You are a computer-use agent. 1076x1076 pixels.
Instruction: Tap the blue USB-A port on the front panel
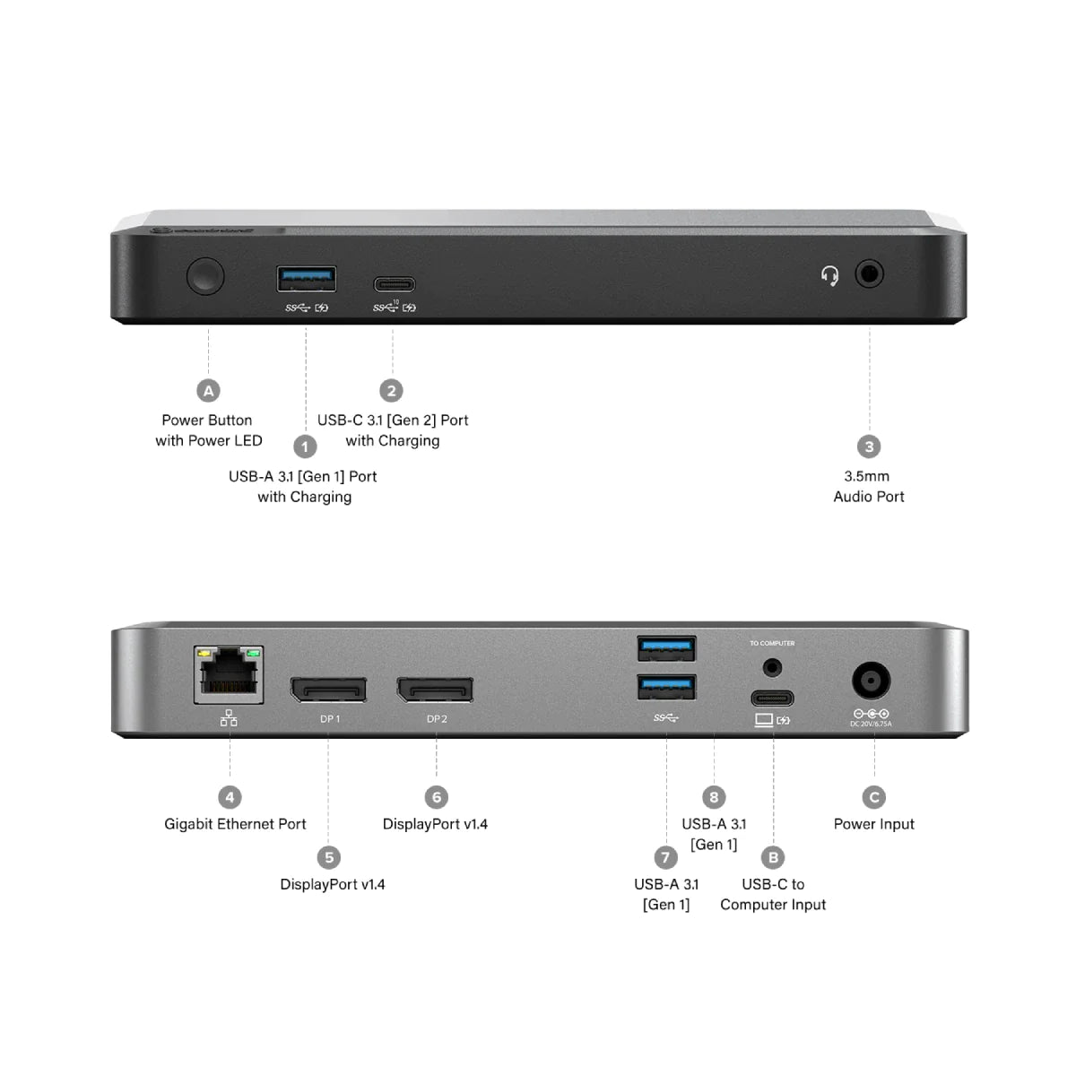click(x=307, y=279)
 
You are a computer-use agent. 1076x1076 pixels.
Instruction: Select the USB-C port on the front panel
click(x=395, y=285)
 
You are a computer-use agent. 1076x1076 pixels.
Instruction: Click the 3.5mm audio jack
click(x=869, y=273)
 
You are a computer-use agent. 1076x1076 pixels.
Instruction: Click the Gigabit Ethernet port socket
click(x=230, y=674)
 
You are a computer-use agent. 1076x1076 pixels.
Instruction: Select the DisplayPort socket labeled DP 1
click(x=328, y=690)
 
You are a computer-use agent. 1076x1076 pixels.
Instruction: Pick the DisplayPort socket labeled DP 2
click(x=436, y=690)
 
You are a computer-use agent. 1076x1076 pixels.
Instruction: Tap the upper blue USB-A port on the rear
click(x=666, y=647)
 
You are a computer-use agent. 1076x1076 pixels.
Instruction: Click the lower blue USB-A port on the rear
click(x=666, y=687)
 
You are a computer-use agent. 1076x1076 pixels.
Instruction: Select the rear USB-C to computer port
click(x=772, y=698)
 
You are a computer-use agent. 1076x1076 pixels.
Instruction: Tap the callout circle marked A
click(x=208, y=390)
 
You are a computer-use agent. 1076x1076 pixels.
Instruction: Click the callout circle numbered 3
click(x=868, y=447)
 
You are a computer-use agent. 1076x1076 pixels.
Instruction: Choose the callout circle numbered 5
click(x=329, y=857)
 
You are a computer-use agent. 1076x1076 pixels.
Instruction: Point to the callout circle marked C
click(x=874, y=797)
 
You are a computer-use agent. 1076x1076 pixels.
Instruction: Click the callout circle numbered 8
click(x=714, y=797)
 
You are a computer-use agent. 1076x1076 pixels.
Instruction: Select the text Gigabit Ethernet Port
click(x=235, y=824)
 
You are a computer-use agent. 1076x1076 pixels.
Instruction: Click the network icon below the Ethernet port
click(x=230, y=717)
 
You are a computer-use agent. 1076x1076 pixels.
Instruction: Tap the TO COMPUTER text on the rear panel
click(x=772, y=643)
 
